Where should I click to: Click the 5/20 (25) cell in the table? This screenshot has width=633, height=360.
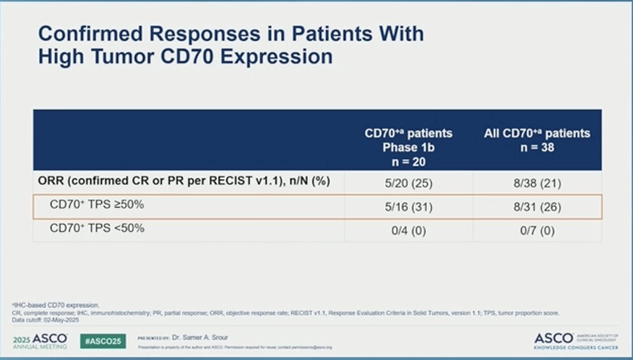(x=408, y=184)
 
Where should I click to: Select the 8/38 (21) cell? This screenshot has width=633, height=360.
(x=537, y=184)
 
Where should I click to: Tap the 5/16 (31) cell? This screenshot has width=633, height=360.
(x=408, y=207)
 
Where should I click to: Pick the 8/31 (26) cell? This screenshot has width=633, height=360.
(x=537, y=207)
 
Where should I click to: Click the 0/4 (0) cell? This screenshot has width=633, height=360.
(x=408, y=230)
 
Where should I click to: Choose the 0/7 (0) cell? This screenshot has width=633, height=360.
(x=537, y=230)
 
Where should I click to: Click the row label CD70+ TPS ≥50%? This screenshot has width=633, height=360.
(x=97, y=205)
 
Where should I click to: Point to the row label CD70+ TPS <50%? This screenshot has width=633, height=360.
(x=97, y=229)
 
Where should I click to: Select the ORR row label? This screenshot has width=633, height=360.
(x=184, y=182)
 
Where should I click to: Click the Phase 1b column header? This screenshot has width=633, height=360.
(x=408, y=148)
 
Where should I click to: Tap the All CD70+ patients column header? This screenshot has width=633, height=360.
(x=537, y=133)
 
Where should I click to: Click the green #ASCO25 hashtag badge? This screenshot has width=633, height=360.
(x=103, y=341)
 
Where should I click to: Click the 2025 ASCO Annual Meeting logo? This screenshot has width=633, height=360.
(x=41, y=341)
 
